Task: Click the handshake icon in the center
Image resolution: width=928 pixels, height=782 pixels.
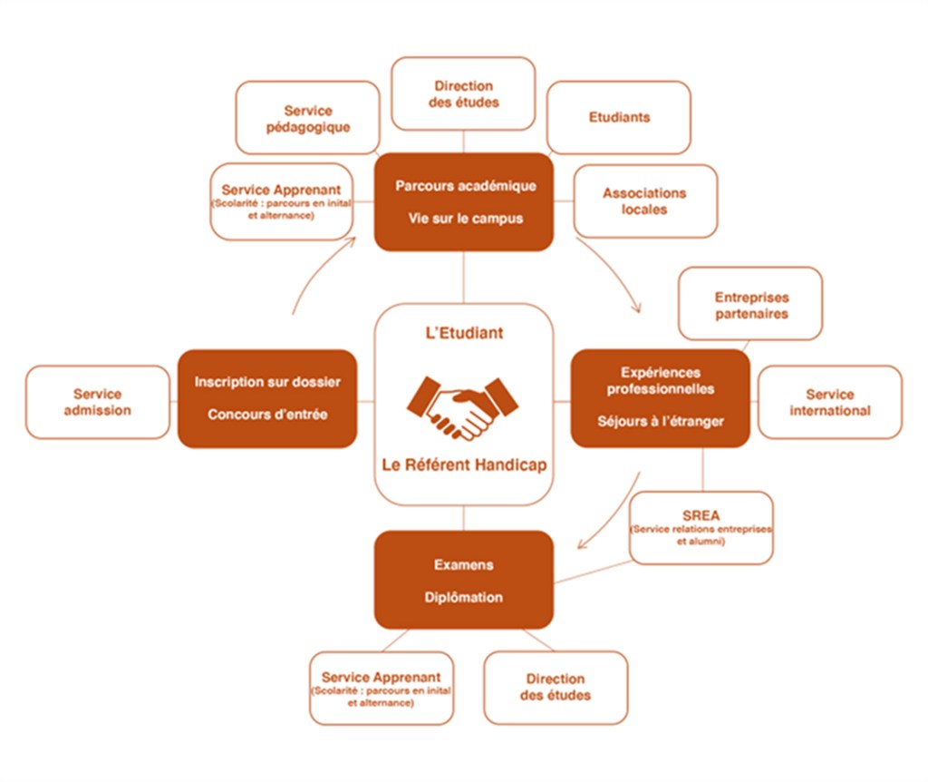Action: click(462, 408)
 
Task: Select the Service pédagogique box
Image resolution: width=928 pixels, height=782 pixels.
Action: click(308, 118)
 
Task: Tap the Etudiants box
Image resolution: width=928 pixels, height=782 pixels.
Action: click(619, 117)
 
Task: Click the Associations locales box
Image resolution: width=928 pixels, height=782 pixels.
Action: click(645, 201)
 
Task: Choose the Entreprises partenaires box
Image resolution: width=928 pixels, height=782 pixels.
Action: click(750, 303)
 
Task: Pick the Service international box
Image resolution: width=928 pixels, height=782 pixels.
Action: click(830, 402)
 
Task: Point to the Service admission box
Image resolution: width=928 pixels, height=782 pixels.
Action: click(98, 402)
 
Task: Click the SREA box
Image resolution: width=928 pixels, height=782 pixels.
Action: click(701, 528)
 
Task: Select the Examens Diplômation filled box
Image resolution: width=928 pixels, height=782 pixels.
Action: click(464, 580)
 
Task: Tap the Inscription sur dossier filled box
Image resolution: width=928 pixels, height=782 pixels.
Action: click(267, 398)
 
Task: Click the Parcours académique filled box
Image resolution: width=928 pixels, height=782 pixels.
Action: click(464, 202)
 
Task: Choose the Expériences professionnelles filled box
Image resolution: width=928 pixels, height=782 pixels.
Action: click(661, 398)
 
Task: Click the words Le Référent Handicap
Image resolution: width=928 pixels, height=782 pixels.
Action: click(465, 465)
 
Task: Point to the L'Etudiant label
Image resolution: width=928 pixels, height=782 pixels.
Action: click(465, 333)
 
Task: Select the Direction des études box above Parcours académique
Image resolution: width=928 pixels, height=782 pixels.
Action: click(463, 93)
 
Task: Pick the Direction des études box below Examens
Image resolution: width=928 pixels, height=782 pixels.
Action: click(556, 688)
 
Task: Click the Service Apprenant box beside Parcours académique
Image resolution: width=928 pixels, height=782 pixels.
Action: click(282, 202)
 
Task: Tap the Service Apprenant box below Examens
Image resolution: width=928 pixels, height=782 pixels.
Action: click(382, 689)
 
